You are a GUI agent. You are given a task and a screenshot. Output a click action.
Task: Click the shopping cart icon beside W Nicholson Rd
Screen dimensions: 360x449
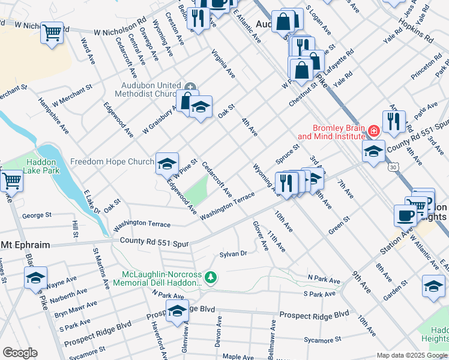tap(52, 32)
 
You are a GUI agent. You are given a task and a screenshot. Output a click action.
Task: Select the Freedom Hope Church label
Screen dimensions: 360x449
tap(112, 162)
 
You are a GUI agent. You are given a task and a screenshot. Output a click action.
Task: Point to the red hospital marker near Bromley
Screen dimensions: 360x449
tap(374, 130)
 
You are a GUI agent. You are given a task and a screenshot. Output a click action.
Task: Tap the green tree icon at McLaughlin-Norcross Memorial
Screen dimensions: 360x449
tap(210, 277)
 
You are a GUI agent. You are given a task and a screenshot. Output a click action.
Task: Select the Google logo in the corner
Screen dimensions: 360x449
tap(19, 353)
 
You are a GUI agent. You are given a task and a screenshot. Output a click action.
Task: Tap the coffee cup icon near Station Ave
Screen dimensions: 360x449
tap(405, 215)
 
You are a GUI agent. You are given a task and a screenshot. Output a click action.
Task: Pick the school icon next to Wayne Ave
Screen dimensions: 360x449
tap(35, 277)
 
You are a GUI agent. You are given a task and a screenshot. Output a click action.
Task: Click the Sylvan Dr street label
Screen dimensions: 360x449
tap(234, 254)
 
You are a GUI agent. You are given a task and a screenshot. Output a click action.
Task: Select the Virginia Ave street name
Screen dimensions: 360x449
tap(223, 64)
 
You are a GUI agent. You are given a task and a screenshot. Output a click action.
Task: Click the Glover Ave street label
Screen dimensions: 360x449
tap(260, 236)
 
